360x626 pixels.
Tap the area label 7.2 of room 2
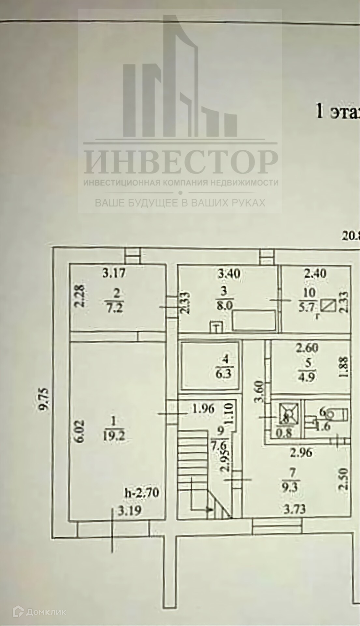[116, 309]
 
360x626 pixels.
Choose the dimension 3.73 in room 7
[294, 509]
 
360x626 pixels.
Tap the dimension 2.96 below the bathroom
[301, 453]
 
